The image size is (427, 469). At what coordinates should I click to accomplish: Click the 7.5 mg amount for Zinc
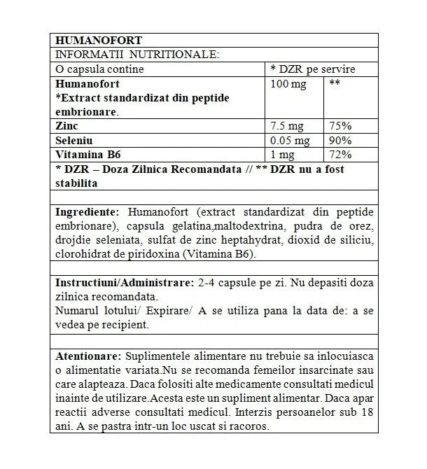coord(287,126)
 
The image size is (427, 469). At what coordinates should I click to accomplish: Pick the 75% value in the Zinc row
coord(340,126)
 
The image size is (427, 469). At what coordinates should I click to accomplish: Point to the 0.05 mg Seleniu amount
coord(290,140)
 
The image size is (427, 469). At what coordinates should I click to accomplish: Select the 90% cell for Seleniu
coord(340,140)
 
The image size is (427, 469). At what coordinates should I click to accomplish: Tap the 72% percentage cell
coord(340,154)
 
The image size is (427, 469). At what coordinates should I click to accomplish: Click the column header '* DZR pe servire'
coord(313,69)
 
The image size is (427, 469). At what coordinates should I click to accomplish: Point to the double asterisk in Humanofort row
coord(335,84)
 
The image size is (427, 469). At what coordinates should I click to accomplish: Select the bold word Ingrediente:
coord(87,212)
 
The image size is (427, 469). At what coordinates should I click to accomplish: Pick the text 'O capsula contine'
coord(99,69)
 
